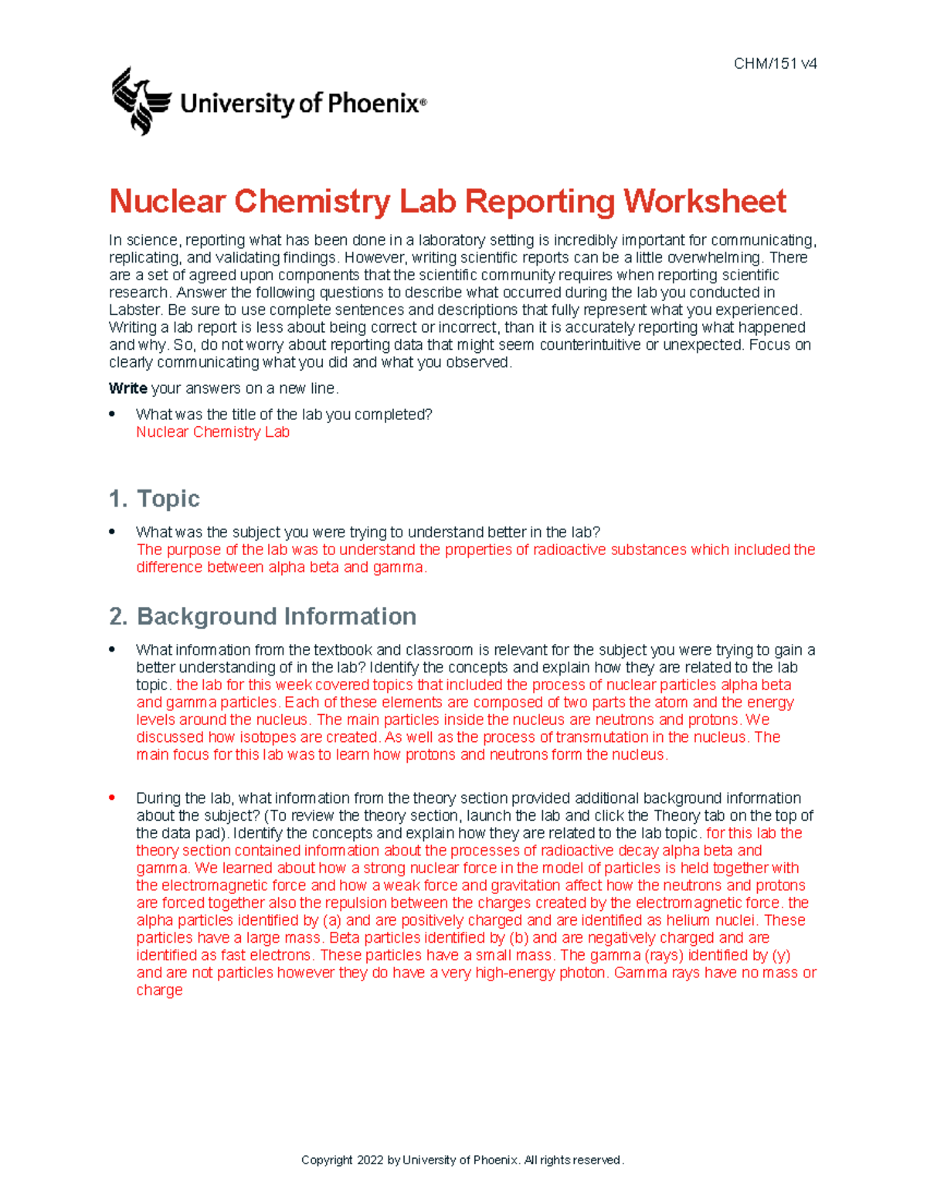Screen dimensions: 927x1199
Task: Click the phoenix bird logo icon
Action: pyautogui.click(x=141, y=101)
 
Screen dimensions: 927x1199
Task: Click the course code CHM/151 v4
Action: pyautogui.click(x=775, y=64)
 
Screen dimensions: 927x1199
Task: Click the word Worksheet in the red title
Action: pyautogui.click(x=705, y=202)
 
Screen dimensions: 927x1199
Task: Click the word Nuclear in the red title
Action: pyautogui.click(x=167, y=202)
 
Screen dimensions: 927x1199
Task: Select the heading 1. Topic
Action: pyautogui.click(x=154, y=499)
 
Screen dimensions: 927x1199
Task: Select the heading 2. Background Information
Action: pyautogui.click(x=263, y=616)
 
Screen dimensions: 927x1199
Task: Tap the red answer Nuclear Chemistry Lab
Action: pyautogui.click(x=212, y=432)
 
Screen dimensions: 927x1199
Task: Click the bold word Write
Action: pyautogui.click(x=127, y=388)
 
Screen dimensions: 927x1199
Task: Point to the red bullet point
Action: pyautogui.click(x=113, y=797)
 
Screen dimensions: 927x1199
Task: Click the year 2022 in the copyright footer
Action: pyautogui.click(x=370, y=1160)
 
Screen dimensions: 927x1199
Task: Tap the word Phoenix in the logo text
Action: pyautogui.click(x=373, y=103)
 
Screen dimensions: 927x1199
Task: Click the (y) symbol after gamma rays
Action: pyautogui.click(x=781, y=955)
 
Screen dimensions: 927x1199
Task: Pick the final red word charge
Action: pyautogui.click(x=159, y=991)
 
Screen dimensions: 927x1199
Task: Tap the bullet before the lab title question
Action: pyautogui.click(x=113, y=414)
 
